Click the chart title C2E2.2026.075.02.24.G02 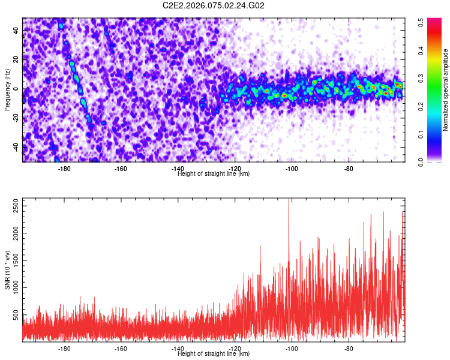click(x=214, y=5)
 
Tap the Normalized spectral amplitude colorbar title click(x=445, y=90)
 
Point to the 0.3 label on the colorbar click(x=422, y=77)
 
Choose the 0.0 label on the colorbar click(x=422, y=161)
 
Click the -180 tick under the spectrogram click(x=64, y=169)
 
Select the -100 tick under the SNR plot click(x=292, y=349)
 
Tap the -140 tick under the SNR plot click(x=178, y=349)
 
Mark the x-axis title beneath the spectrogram click(x=214, y=174)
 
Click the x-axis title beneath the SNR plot click(x=214, y=354)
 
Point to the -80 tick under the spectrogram click(x=348, y=169)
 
